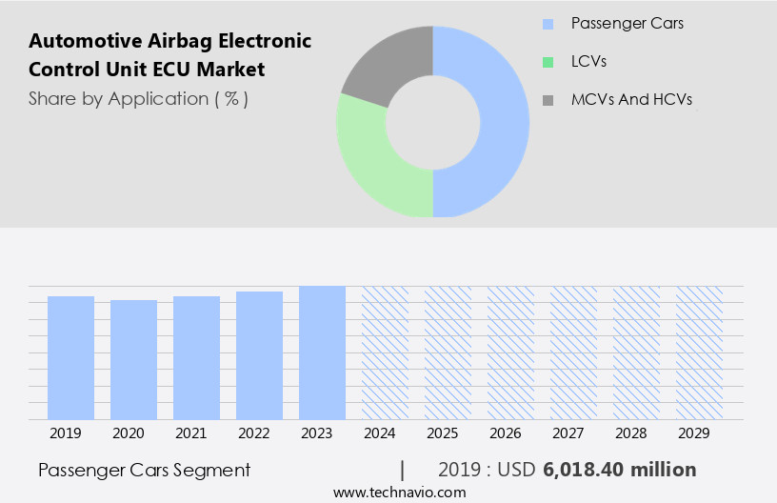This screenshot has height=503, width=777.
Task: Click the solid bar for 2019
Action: click(x=70, y=357)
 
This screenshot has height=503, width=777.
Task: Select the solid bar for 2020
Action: click(x=133, y=359)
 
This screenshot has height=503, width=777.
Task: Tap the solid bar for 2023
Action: click(x=322, y=352)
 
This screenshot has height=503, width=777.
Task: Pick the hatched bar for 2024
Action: click(x=385, y=352)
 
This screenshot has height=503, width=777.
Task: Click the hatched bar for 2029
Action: click(x=699, y=352)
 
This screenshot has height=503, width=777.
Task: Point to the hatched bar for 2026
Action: click(x=510, y=352)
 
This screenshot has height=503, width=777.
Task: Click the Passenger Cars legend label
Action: click(x=627, y=23)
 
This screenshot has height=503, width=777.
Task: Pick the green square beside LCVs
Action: click(x=548, y=62)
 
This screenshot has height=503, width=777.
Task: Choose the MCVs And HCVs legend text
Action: click(x=631, y=99)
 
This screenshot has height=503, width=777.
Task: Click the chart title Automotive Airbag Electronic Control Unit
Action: click(x=169, y=55)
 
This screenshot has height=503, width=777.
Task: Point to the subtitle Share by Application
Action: click(x=138, y=99)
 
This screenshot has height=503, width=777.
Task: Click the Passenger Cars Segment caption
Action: click(x=145, y=470)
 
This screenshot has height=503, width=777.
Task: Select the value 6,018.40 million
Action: click(x=620, y=470)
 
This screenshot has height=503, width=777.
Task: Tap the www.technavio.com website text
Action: click(x=400, y=492)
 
